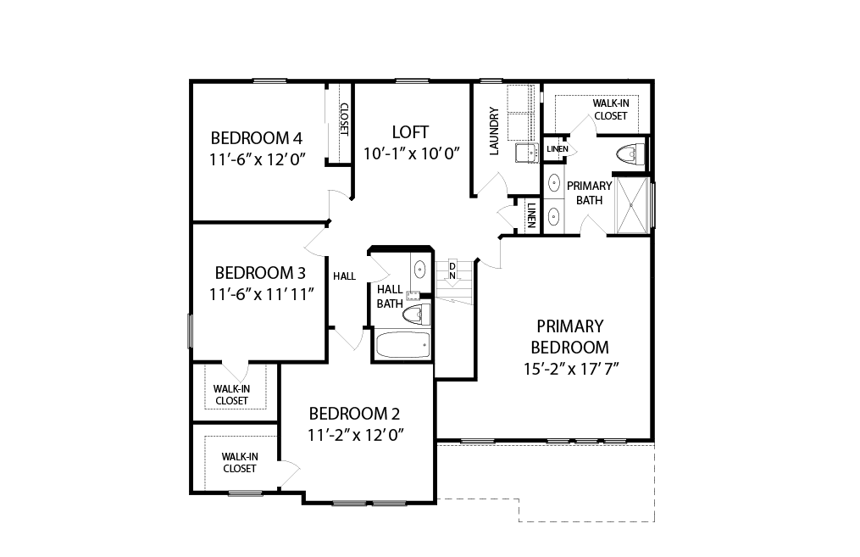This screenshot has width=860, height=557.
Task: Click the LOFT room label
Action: point(410,132)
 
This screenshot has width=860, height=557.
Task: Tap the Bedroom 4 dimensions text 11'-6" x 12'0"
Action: point(258,159)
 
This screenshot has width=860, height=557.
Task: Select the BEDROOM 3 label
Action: point(260,273)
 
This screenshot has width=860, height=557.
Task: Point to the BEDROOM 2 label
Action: point(354,413)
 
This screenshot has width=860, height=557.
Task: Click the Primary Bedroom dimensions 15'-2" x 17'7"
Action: point(571,369)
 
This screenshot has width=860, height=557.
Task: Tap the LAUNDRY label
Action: point(494,131)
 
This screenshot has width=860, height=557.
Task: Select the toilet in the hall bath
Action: point(417,315)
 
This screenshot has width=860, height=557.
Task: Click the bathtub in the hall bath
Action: point(403,345)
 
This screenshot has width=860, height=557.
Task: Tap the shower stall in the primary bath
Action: point(631,205)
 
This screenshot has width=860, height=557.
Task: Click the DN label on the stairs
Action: point(452,271)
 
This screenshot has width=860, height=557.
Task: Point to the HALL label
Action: point(345,276)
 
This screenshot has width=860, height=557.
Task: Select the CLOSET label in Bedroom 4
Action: point(344,120)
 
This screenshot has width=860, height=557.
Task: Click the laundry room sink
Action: point(526,153)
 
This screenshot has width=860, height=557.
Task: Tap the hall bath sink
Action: point(419,270)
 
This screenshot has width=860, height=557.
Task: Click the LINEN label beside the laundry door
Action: point(531,215)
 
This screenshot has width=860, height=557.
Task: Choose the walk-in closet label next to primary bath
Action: point(610,109)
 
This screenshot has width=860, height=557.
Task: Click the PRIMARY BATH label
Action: point(589,193)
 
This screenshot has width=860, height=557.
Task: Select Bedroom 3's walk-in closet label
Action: point(231,394)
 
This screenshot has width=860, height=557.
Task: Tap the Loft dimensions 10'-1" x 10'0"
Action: point(411,153)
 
